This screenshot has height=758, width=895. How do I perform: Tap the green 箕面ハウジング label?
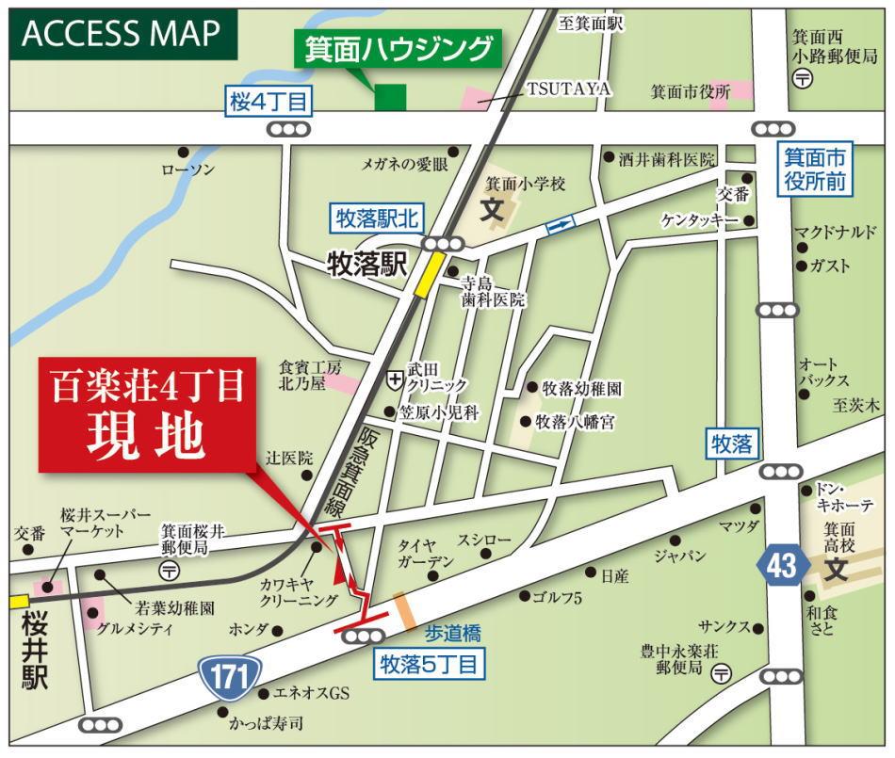399,48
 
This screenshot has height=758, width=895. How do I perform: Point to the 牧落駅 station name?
366,264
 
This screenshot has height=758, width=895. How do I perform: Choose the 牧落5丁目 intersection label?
431,665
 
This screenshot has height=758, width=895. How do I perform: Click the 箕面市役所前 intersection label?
816,170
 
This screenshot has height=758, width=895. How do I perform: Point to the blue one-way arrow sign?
560,225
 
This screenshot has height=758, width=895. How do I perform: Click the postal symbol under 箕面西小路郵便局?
803,81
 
